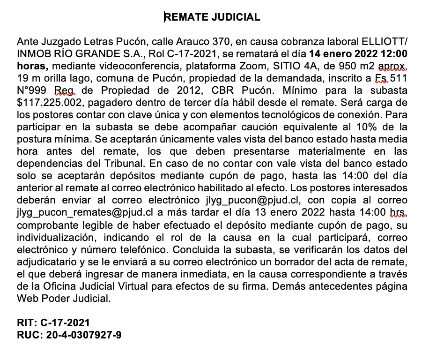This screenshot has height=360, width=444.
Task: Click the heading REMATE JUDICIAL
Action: [x=212, y=17]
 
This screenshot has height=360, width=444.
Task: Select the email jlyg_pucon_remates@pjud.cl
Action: [x=79, y=212]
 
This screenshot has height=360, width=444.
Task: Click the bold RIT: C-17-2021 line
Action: [x=53, y=323]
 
